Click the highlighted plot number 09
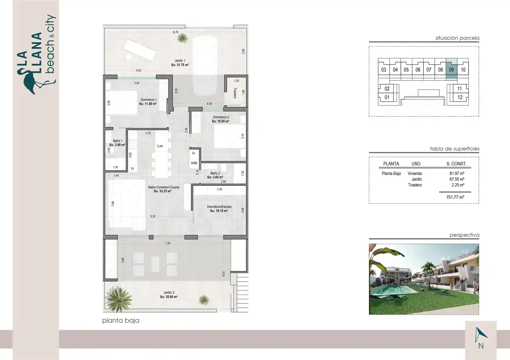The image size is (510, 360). (451, 70)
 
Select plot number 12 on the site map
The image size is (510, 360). (460, 98)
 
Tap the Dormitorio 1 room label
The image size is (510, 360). (149, 100)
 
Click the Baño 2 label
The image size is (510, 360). (215, 173)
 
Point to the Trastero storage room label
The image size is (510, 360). (235, 93)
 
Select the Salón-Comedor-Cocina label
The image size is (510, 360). (163, 187)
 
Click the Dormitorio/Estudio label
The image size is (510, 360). (219, 207)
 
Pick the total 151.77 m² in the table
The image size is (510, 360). (455, 197)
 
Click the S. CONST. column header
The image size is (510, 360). (456, 164)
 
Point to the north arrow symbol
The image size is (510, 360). (480, 335)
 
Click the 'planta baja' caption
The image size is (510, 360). (121, 321)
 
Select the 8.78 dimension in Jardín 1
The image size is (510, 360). (175, 32)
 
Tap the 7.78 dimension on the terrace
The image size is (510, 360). (167, 243)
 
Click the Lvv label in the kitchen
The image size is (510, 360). (160, 146)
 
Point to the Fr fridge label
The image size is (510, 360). (194, 153)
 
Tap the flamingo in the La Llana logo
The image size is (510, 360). (34, 82)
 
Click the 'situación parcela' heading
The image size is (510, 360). (457, 38)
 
